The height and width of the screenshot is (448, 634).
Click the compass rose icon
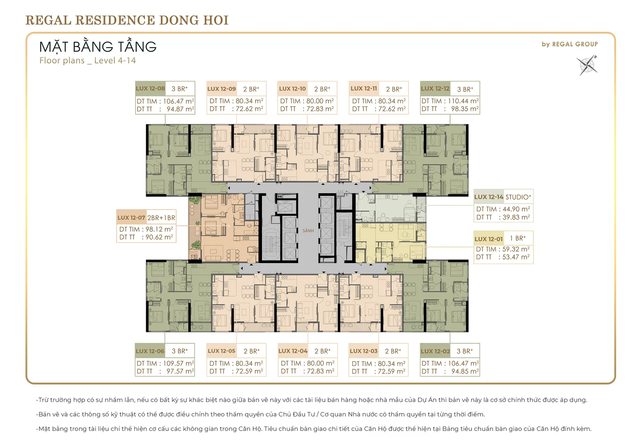point(587,65)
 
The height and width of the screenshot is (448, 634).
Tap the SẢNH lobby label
point(308,231)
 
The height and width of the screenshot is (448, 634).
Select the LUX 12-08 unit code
point(150,88)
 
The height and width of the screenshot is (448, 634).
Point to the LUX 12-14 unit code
point(489,197)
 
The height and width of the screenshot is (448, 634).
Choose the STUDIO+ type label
point(518,197)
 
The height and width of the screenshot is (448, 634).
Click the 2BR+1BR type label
point(161,217)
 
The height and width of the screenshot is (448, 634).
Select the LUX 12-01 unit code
point(489,239)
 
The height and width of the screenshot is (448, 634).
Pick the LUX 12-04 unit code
point(293,351)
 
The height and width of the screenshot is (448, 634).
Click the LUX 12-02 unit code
point(435,351)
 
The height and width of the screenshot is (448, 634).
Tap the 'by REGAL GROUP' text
point(570,44)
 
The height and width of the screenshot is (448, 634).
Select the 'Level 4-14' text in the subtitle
point(115,60)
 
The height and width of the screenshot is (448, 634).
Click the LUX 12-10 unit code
point(292,89)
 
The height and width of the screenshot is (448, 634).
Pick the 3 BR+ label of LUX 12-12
point(465,89)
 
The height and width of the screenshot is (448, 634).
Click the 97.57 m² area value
point(180,371)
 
